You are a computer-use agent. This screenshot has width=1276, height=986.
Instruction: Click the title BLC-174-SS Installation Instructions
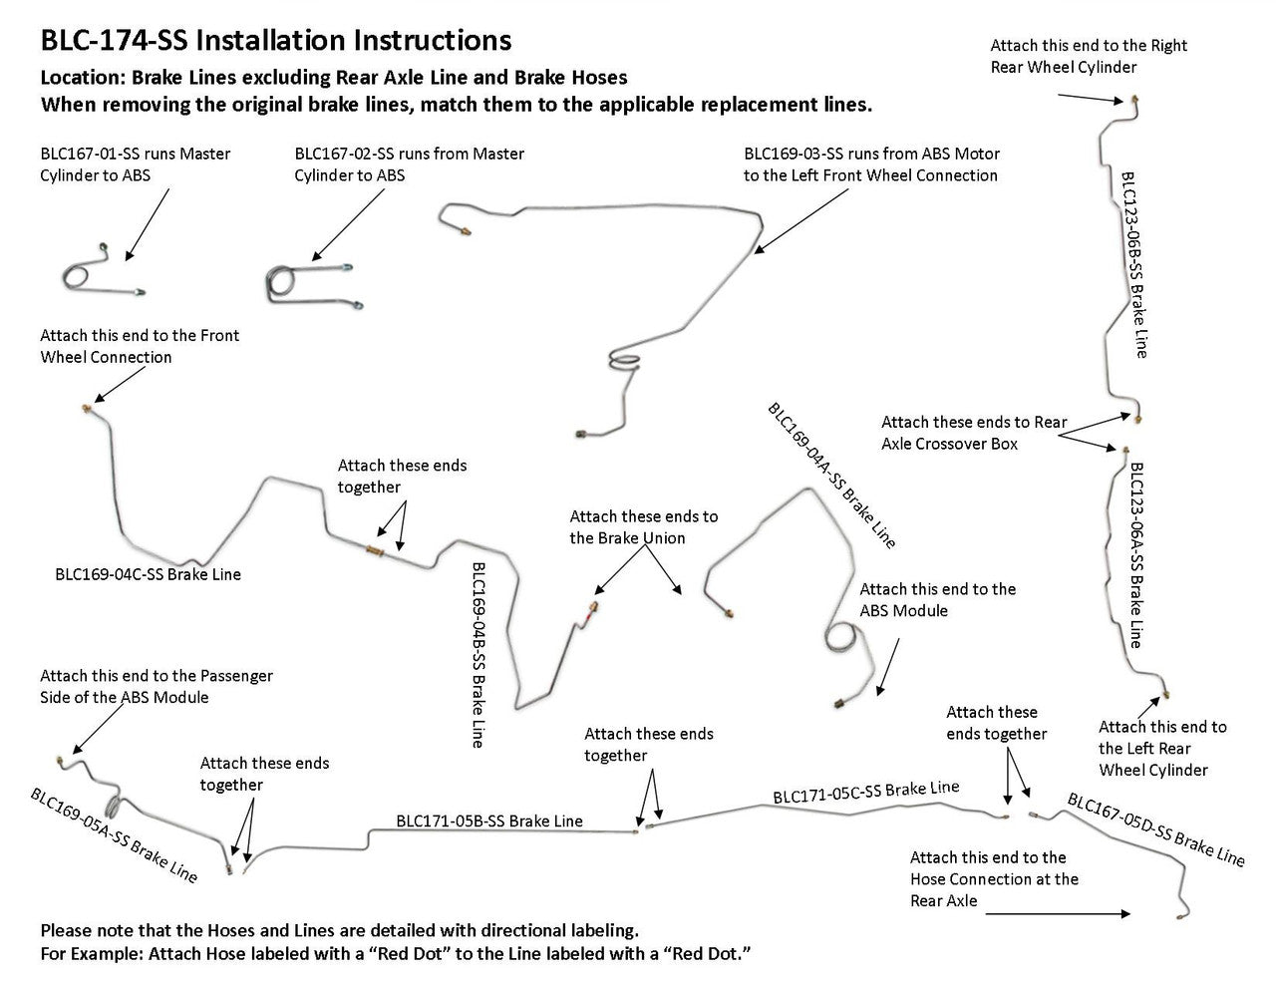(x=276, y=41)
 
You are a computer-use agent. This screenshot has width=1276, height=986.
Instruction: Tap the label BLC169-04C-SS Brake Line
(x=148, y=574)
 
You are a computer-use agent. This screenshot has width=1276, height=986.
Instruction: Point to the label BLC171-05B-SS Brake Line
(x=489, y=821)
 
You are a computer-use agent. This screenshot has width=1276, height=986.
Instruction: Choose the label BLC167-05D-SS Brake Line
(x=1155, y=828)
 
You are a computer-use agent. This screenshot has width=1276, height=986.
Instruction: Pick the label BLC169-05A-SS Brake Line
(x=114, y=835)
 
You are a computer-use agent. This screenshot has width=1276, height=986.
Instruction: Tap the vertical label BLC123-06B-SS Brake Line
(x=1134, y=264)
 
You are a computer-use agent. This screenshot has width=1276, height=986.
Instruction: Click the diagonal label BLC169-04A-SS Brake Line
(x=831, y=476)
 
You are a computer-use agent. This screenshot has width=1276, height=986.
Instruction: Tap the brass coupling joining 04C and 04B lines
(x=375, y=549)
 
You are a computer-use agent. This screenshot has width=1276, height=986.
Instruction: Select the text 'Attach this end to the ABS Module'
(x=937, y=599)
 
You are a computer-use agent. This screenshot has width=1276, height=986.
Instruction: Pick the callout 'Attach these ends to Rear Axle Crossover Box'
(x=973, y=433)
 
